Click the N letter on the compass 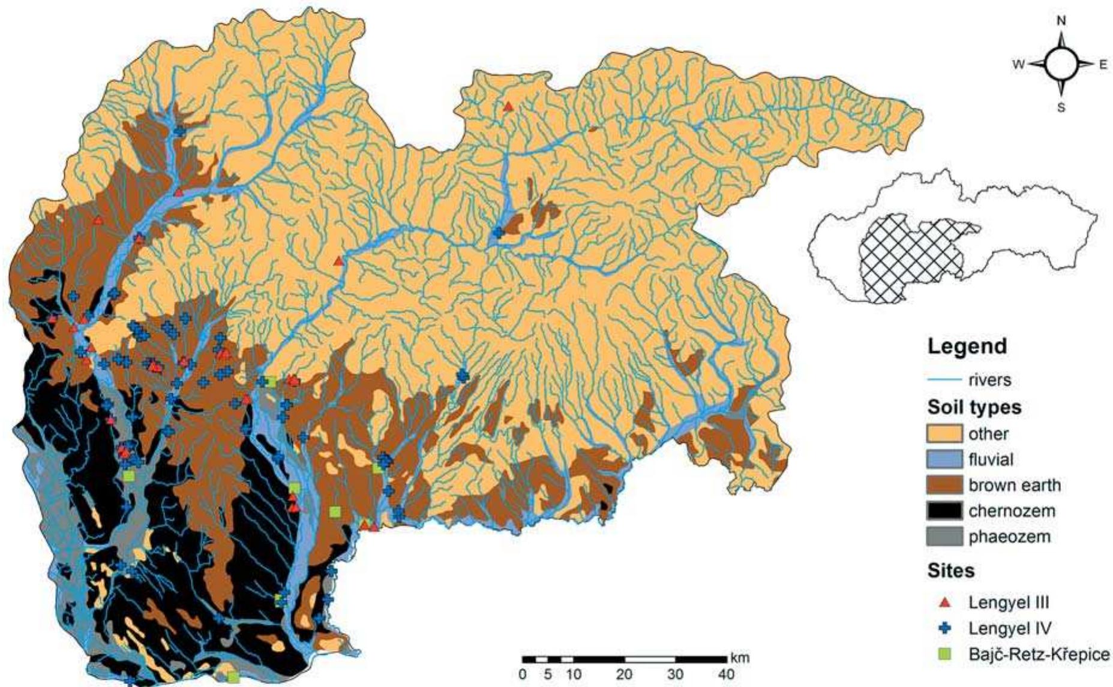pos(1061,21)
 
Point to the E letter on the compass pos(1103,65)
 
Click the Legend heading pos(967,346)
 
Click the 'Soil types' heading pos(974,408)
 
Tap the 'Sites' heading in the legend pos(951,571)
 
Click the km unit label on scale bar pos(740,658)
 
